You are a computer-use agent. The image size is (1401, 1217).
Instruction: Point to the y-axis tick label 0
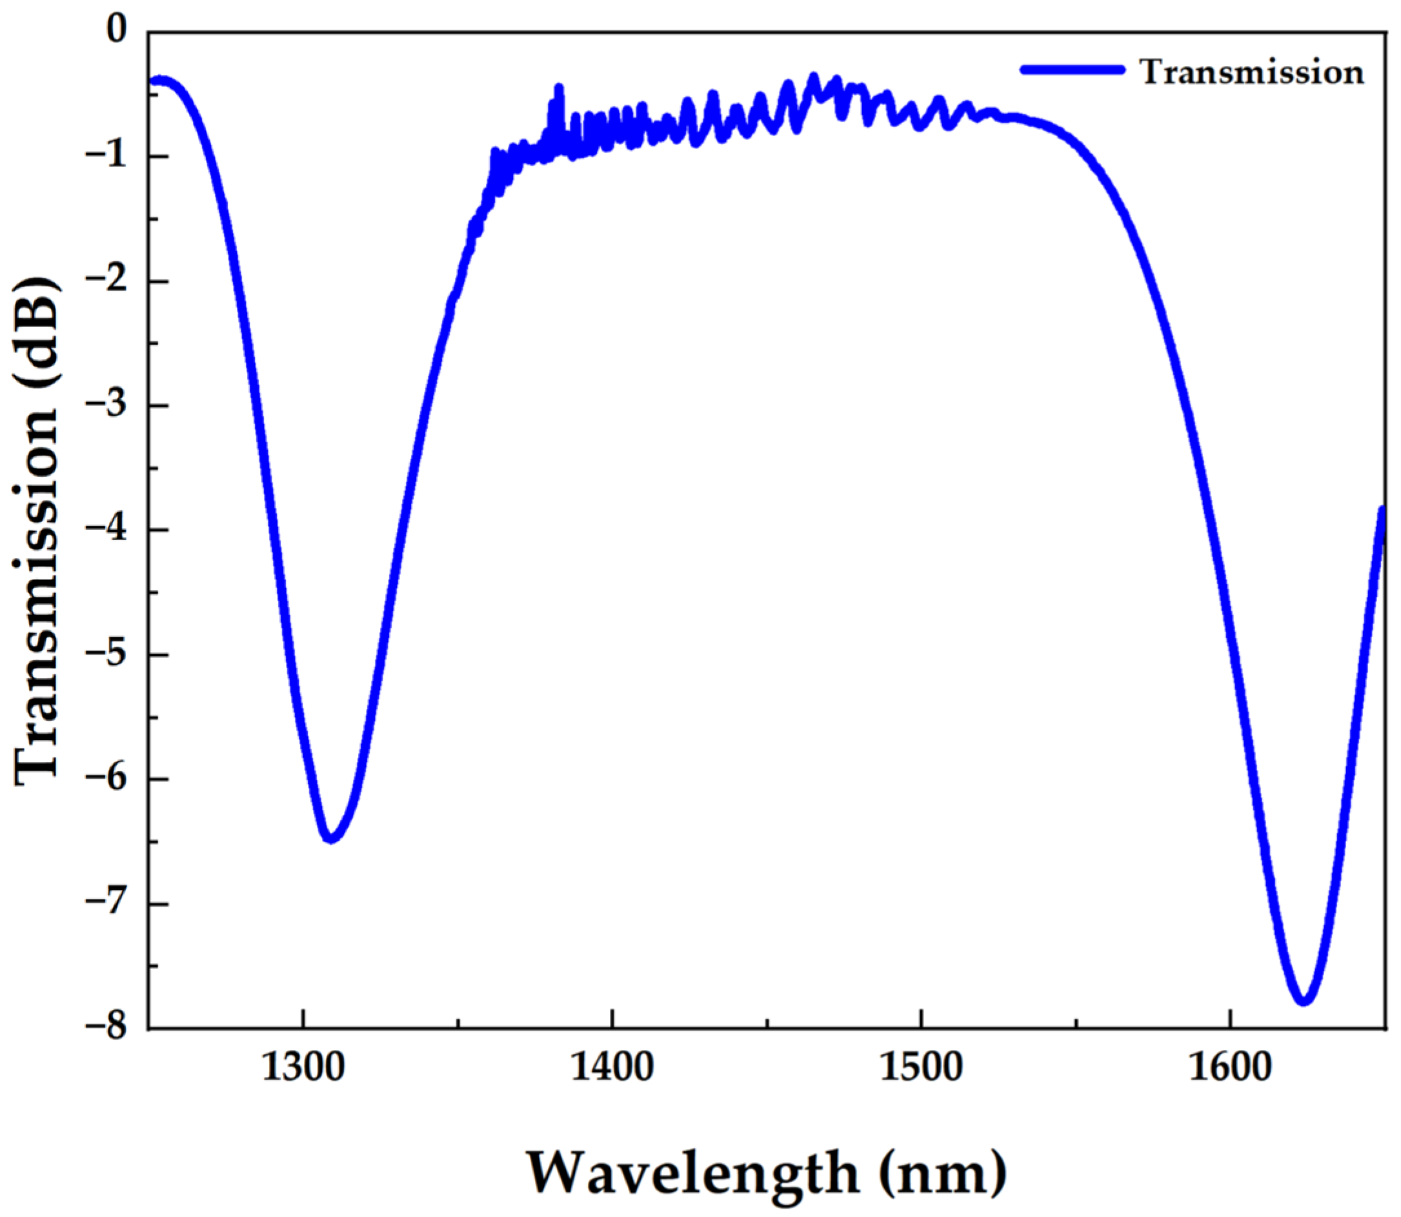117,32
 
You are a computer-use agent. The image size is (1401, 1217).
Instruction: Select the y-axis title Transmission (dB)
37,530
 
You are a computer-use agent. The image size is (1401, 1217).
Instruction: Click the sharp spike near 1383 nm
559,89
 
